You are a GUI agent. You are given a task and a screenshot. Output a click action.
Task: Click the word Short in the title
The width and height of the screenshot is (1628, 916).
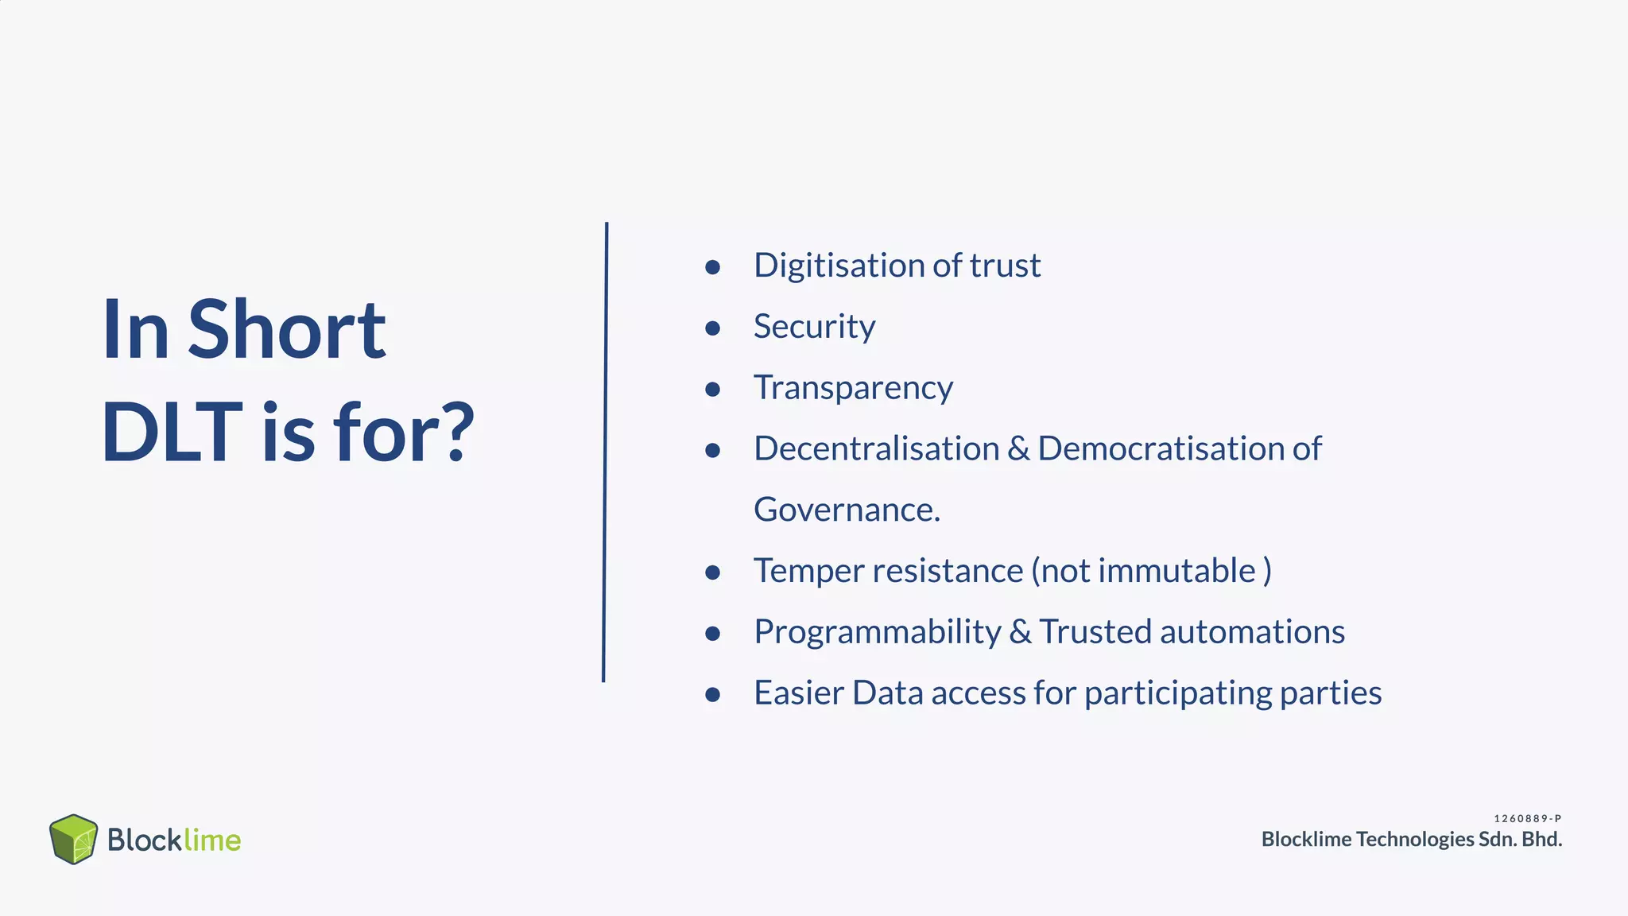click(x=286, y=330)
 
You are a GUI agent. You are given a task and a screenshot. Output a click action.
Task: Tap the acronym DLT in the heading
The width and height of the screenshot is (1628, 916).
click(x=172, y=433)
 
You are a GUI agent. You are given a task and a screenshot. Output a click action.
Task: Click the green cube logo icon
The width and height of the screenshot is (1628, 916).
click(x=73, y=839)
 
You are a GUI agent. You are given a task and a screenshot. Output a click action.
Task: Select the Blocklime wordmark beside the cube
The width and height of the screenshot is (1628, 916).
click(x=174, y=840)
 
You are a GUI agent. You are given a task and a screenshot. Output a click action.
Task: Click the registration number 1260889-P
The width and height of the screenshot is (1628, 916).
click(x=1527, y=818)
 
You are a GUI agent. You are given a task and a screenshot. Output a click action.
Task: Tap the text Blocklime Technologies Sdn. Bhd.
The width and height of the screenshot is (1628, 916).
click(x=1411, y=839)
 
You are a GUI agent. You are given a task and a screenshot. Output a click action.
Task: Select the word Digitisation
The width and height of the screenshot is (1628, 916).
click(x=839, y=266)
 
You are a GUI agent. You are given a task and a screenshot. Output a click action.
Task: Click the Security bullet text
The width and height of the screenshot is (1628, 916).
click(x=814, y=327)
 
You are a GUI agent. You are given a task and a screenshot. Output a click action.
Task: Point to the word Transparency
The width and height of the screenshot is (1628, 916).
click(x=853, y=388)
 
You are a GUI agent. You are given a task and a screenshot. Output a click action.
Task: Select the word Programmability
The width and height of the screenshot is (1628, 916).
click(x=877, y=632)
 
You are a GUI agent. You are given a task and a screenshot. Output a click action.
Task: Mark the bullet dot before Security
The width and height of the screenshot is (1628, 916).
click(x=712, y=328)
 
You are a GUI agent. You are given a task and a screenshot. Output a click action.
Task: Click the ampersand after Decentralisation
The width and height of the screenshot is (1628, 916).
click(x=1017, y=449)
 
